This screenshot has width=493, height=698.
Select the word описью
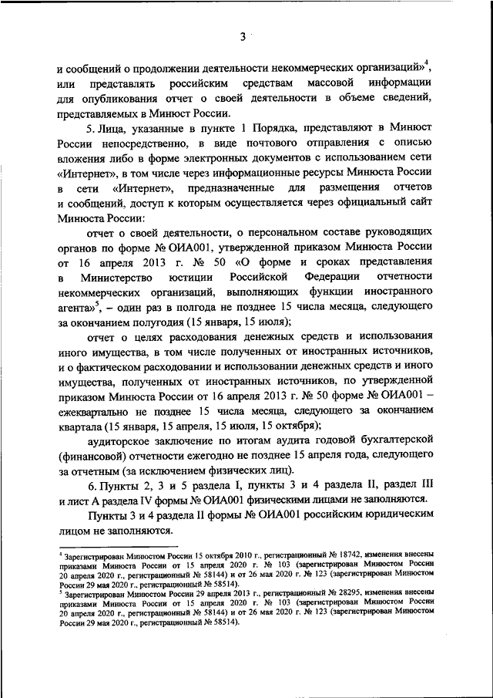coord(414,143)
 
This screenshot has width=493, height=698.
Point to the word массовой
coord(330,82)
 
